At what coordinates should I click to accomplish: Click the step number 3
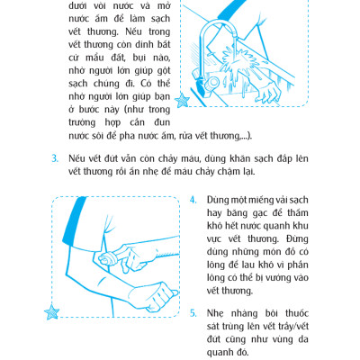pyautogui.click(x=55, y=158)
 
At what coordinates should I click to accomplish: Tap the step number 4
pyautogui.click(x=193, y=200)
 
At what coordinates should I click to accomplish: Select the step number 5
pyautogui.click(x=193, y=313)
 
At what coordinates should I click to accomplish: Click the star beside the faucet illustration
pyautogui.click(x=182, y=100)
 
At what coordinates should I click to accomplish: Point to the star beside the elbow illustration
pyautogui.click(x=51, y=311)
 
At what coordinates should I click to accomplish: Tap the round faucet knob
pyautogui.click(x=213, y=82)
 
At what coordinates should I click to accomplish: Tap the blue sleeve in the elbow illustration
pyautogui.click(x=74, y=220)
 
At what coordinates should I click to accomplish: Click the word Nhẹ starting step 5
pyautogui.click(x=215, y=313)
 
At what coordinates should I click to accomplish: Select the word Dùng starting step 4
pyautogui.click(x=217, y=200)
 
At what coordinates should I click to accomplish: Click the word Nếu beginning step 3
pyautogui.click(x=76, y=158)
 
